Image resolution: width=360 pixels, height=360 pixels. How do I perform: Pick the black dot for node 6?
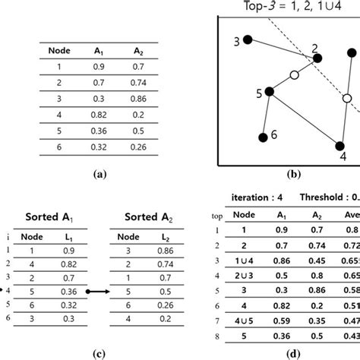click(x=263, y=137)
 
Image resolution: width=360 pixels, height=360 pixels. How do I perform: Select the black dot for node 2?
click(x=317, y=58)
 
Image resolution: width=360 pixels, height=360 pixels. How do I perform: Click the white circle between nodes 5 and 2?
click(x=294, y=75)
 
